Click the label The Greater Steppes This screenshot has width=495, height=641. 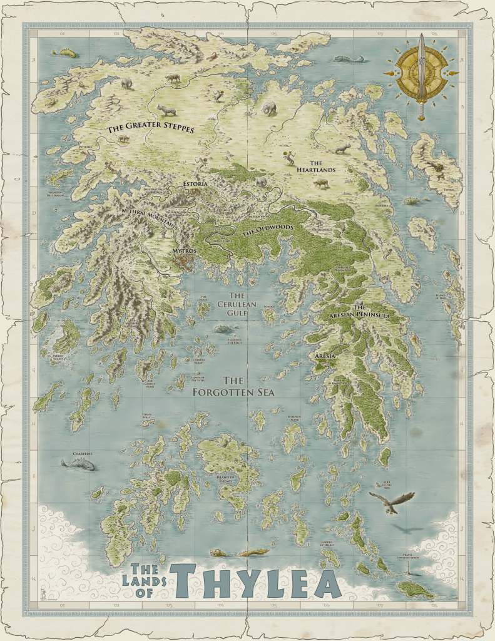click(150, 128)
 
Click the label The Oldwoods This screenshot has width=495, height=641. click(268, 231)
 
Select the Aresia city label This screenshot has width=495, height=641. click(325, 356)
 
